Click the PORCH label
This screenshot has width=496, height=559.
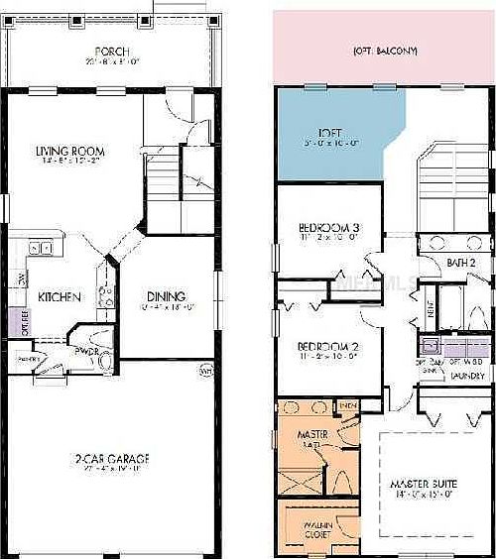tap(109, 52)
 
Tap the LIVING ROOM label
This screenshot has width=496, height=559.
tap(70, 151)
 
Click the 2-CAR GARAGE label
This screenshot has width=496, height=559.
tap(111, 459)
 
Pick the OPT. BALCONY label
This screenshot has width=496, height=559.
tap(385, 51)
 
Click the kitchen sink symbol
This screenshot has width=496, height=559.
tap(40, 248)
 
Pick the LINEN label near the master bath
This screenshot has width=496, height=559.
tap(347, 404)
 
